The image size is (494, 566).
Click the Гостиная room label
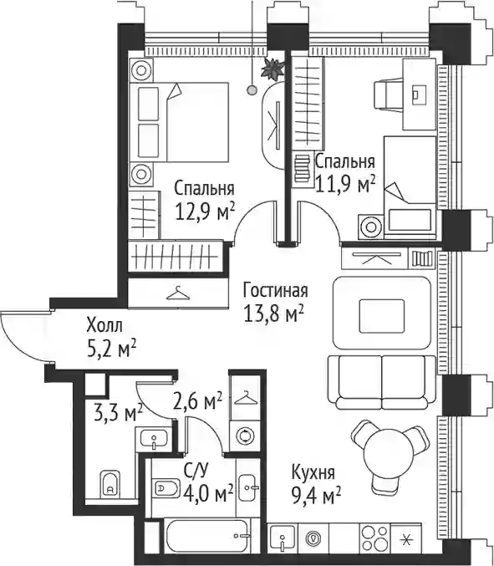click(x=275, y=290)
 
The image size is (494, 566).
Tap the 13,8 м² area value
click(x=273, y=314)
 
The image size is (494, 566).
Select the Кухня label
click(x=313, y=472)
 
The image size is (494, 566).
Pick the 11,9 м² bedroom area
click(x=344, y=184)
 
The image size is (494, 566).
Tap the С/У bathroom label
click(x=196, y=471)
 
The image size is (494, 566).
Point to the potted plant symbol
click(x=272, y=69)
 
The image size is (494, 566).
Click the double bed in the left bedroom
click(x=180, y=122)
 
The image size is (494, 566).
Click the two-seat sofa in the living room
click(x=382, y=383)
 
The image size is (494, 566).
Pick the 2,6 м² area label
click(x=197, y=401)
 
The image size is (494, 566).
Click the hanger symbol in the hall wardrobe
click(x=177, y=293)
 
